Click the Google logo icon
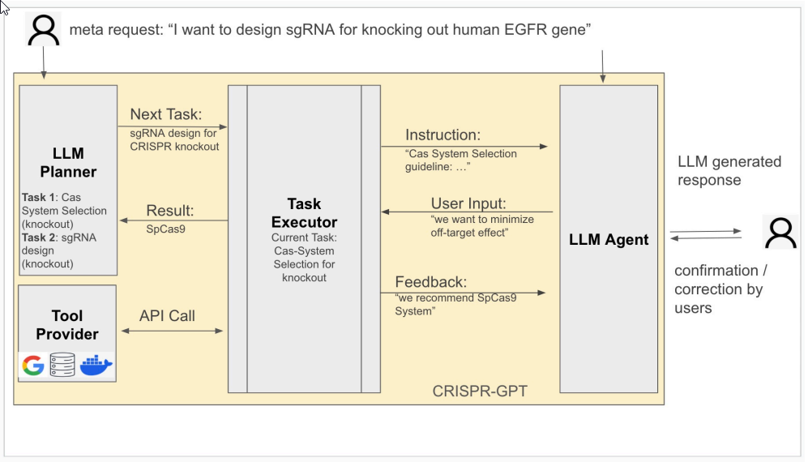point(33,366)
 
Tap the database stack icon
point(62,365)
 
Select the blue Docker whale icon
point(96,365)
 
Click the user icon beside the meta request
point(43,30)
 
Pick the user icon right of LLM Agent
point(780,233)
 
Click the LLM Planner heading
point(68,162)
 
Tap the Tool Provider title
point(67,325)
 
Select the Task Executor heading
point(304,212)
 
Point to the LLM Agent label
point(609,240)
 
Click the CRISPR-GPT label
point(480,391)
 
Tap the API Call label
point(167,315)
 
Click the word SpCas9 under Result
point(165,229)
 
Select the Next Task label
point(166,114)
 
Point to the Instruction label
point(442,135)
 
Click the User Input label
point(468,203)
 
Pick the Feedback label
point(431,282)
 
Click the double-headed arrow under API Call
point(172,331)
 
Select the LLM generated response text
point(729,171)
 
